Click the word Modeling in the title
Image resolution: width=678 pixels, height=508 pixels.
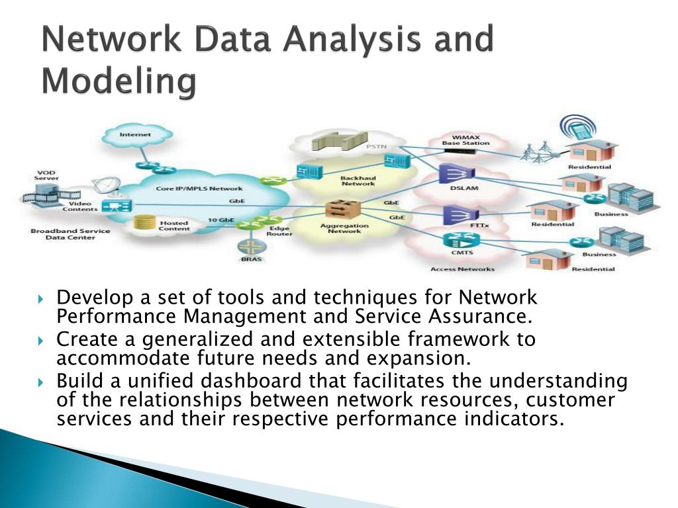pos(119,83)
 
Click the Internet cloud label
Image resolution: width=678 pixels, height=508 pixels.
pos(135,134)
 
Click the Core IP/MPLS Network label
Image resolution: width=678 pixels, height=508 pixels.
pos(189,189)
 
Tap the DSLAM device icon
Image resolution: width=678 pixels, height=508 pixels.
pos(456,173)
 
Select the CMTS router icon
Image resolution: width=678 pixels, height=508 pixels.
pos(456,240)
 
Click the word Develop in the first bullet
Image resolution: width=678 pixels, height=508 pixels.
pos(87,299)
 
